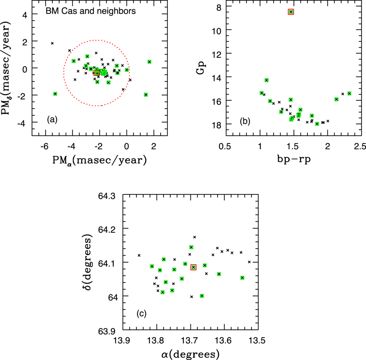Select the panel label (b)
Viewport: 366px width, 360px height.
click(244, 122)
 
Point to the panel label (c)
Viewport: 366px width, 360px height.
click(141, 314)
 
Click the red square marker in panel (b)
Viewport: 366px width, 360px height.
click(291, 12)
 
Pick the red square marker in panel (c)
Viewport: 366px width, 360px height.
click(193, 267)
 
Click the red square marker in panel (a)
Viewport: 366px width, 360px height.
click(97, 73)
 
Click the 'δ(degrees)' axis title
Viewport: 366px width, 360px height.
click(89, 262)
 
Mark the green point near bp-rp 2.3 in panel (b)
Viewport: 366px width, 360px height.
click(349, 93)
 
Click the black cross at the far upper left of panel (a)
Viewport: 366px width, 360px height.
click(52, 43)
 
